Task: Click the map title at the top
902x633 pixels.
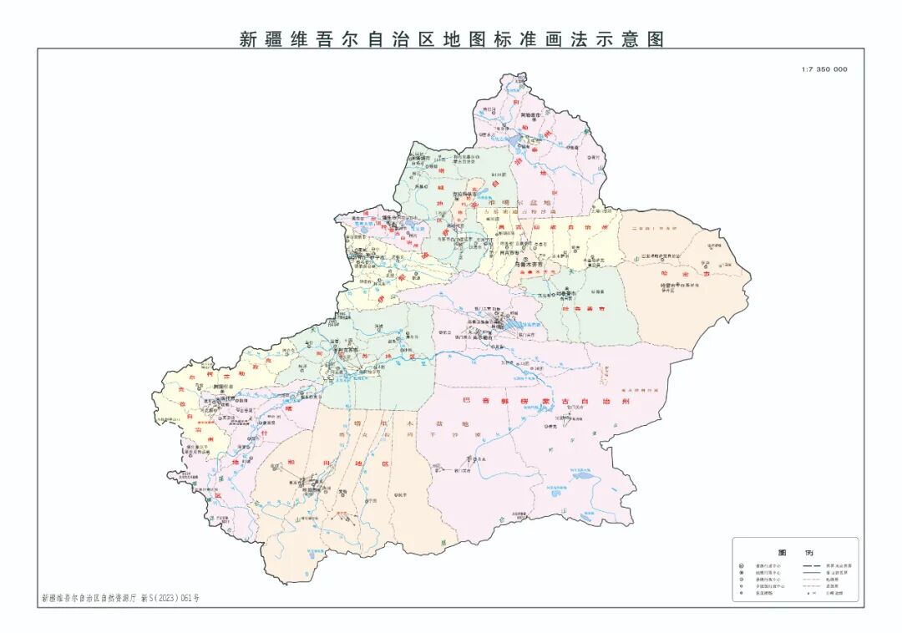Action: pyautogui.click(x=452, y=38)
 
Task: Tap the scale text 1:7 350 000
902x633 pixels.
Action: pyautogui.click(x=823, y=69)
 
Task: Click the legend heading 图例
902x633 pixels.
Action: pyautogui.click(x=784, y=553)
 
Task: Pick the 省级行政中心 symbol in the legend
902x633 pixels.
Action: pyautogui.click(x=741, y=566)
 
